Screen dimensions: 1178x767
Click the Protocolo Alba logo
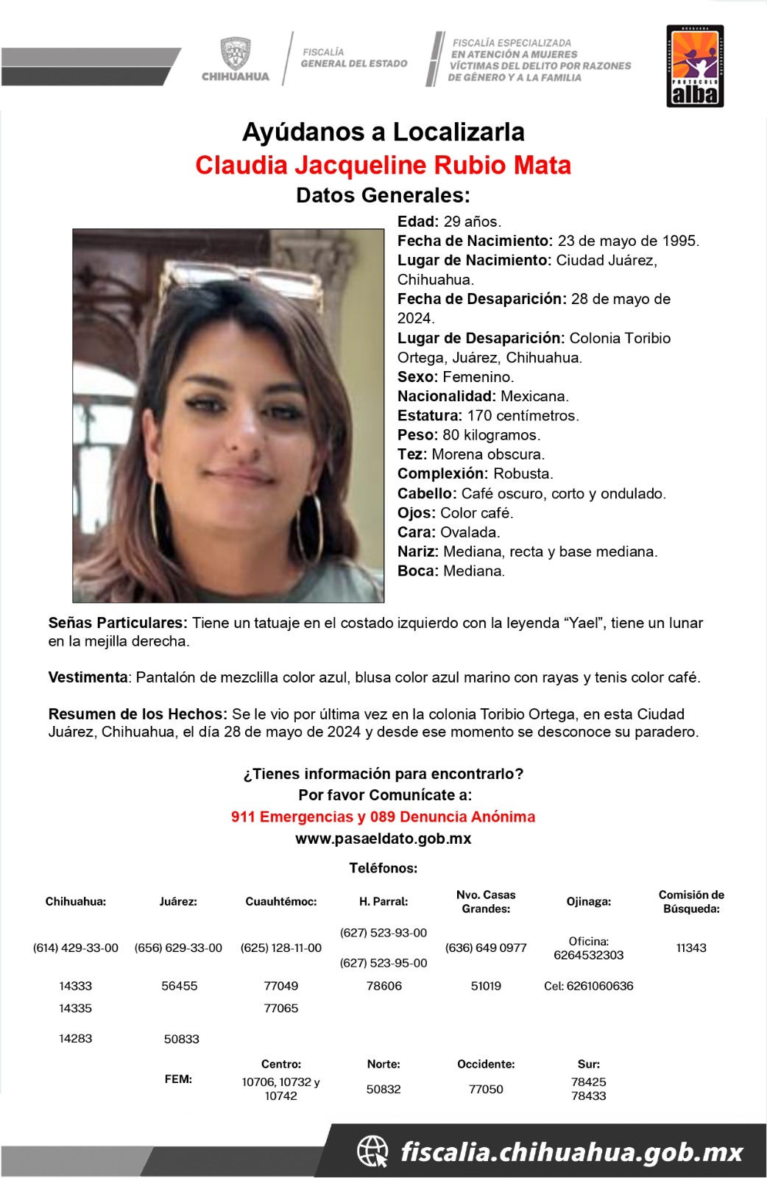[695, 66]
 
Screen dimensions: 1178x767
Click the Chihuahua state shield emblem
[236, 53]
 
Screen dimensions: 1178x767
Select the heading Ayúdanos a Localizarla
[383, 133]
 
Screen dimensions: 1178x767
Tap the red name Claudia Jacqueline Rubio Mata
[383, 165]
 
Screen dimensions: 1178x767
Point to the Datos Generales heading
[383, 195]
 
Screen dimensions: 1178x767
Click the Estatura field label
[430, 415]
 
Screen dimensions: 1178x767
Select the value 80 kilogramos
[491, 435]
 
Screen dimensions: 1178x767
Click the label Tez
[411, 454]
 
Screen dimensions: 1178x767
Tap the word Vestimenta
[88, 677]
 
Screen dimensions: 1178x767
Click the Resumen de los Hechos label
[138, 714]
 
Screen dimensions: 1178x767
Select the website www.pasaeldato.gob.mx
[383, 839]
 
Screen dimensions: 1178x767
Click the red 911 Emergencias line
[383, 817]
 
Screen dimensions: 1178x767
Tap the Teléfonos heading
[383, 868]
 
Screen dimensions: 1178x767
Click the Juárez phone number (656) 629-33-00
[178, 948]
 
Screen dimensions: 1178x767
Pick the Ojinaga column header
[588, 901]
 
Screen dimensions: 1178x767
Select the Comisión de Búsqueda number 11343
[691, 948]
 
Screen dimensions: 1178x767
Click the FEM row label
[178, 1079]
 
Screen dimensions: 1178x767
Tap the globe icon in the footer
[372, 1151]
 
